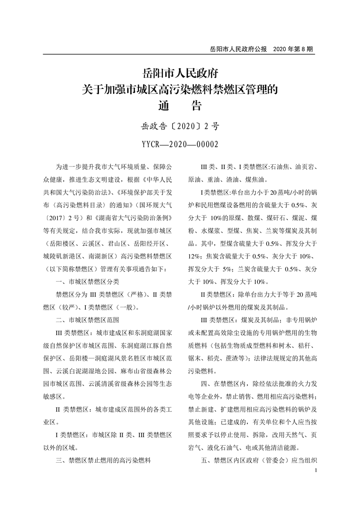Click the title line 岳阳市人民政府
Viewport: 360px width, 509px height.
pos(180,73)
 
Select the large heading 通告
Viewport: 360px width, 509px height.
pos(180,106)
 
